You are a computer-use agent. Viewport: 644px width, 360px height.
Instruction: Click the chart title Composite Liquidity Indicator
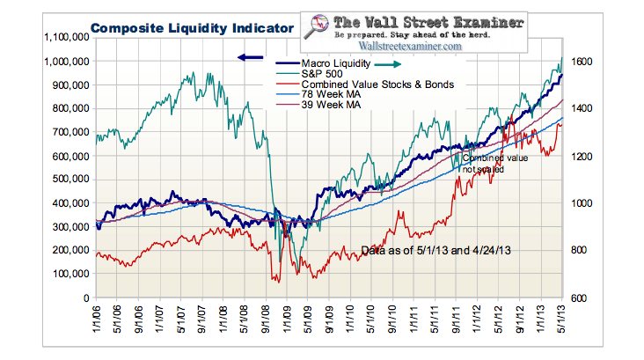click(191, 28)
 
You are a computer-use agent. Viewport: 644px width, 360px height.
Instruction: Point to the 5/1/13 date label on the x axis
click(560, 319)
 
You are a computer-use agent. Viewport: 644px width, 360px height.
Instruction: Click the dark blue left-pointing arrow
click(250, 57)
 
